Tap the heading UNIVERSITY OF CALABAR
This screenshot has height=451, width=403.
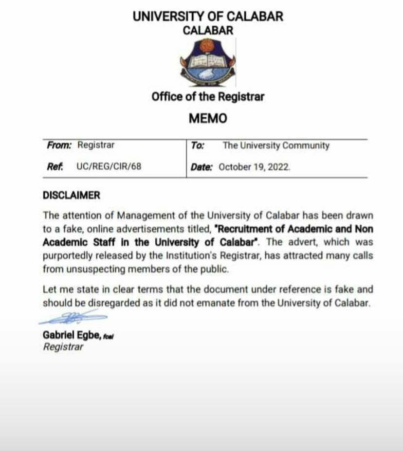(208, 16)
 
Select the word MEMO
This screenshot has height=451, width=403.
(208, 119)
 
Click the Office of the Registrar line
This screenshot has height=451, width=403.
(208, 96)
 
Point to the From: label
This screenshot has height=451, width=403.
(59, 145)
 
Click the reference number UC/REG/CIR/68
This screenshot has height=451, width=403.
(109, 166)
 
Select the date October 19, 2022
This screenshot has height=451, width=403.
(255, 167)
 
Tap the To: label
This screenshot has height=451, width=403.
(198, 145)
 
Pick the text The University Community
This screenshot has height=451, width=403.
(276, 145)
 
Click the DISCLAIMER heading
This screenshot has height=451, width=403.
(72, 196)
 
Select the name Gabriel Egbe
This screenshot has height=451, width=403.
(72, 335)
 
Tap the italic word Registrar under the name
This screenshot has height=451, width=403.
(63, 347)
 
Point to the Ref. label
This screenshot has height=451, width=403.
(55, 166)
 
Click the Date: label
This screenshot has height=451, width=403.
(201, 167)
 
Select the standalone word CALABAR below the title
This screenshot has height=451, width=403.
(208, 30)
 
